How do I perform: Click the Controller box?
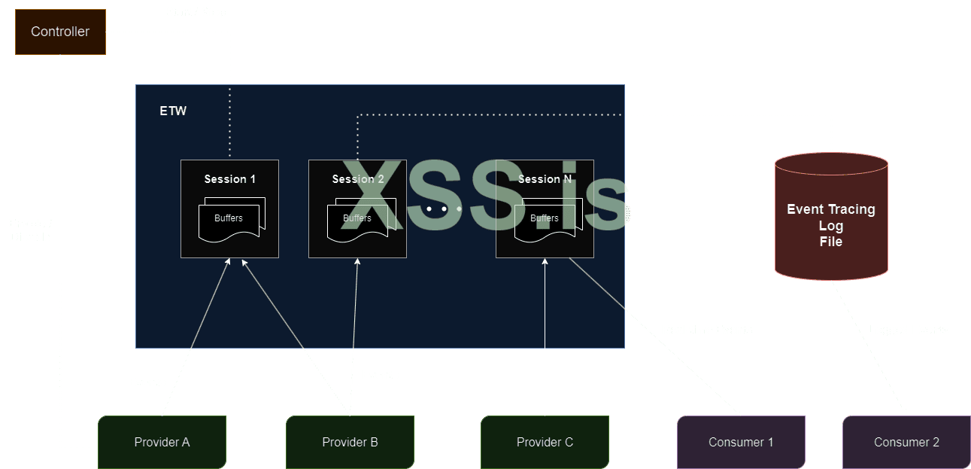click(x=60, y=32)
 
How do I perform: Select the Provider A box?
click(x=162, y=442)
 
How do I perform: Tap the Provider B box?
click(x=350, y=442)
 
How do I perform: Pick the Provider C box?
click(x=545, y=442)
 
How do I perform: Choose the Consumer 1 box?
click(x=741, y=442)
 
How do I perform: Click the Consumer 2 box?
click(x=906, y=442)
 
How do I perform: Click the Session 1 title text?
click(x=229, y=179)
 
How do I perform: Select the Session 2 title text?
click(x=358, y=179)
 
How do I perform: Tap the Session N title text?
click(x=545, y=179)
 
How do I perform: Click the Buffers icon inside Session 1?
click(x=229, y=218)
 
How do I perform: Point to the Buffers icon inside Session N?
click(x=545, y=218)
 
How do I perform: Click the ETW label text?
click(x=173, y=111)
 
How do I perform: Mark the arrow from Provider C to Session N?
click(x=545, y=339)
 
